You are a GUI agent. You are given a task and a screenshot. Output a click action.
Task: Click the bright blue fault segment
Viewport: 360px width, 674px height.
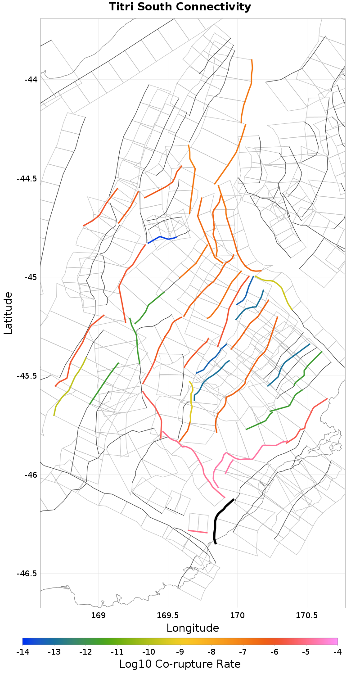[x=162, y=237]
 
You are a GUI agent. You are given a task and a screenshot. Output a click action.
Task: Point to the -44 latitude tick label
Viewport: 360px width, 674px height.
[x=31, y=80]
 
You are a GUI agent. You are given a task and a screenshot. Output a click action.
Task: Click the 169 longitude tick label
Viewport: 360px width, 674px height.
[x=98, y=615]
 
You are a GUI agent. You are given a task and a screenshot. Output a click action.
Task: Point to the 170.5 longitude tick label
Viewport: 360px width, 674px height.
[x=307, y=615]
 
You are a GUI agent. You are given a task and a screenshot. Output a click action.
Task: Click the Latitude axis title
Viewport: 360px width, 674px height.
[x=8, y=313]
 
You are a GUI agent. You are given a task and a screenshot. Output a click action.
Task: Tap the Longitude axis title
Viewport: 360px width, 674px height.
[x=193, y=628]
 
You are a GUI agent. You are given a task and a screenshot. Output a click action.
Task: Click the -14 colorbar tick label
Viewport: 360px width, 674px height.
[x=22, y=651]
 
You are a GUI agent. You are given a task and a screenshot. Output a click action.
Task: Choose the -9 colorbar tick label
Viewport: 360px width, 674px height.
[x=180, y=651]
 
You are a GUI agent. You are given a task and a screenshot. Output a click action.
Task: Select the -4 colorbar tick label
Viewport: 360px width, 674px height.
[x=337, y=651]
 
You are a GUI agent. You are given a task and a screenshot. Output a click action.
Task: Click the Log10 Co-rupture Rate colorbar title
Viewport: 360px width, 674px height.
[x=180, y=664]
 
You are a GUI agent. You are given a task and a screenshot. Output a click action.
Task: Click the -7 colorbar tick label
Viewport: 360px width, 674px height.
[x=243, y=651]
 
